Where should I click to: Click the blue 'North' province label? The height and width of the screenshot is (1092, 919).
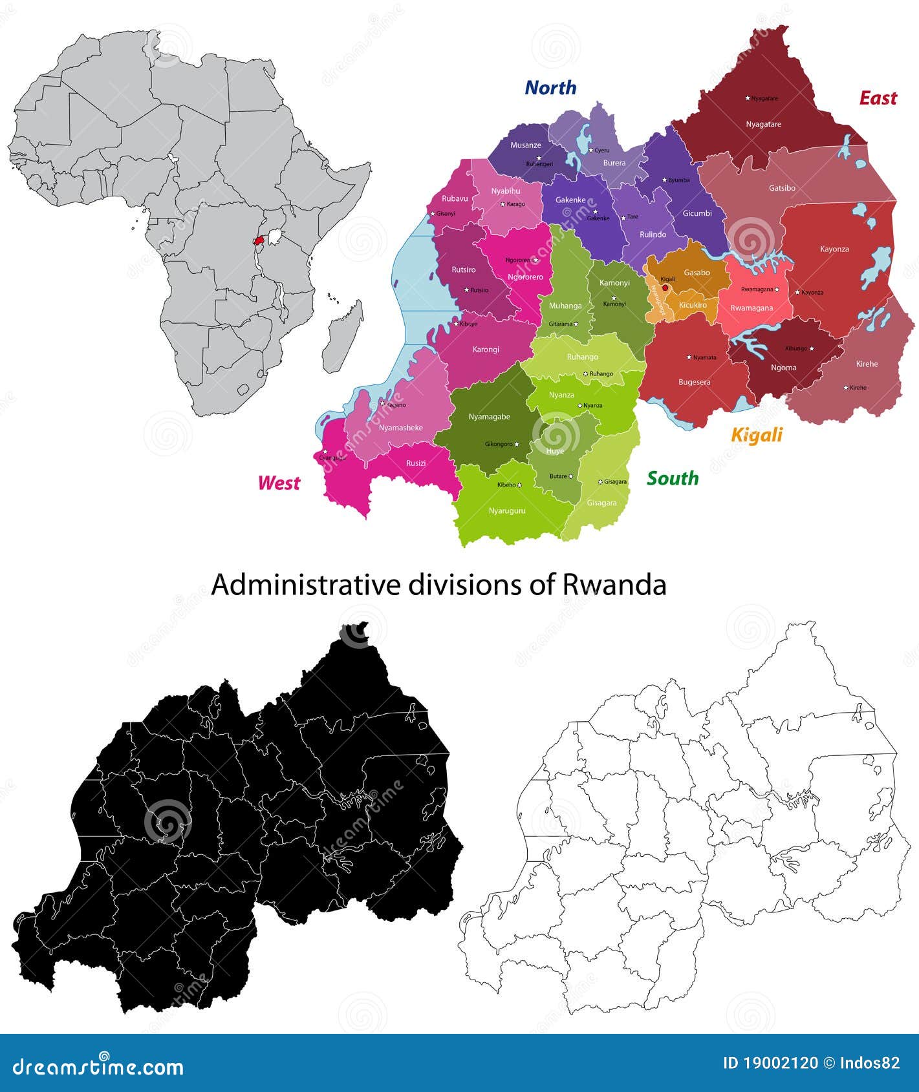coord(550,87)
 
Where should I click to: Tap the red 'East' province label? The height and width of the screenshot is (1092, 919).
coord(878,98)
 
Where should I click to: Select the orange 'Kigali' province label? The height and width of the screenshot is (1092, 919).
coord(757,435)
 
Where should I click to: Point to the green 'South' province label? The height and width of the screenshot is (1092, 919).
coord(673,478)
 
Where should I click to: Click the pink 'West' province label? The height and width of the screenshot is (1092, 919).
coord(279,483)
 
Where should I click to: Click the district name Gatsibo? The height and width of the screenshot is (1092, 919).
coord(782,188)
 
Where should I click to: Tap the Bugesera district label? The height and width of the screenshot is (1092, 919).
coord(694,382)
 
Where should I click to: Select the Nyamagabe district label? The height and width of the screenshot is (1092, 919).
coord(489,417)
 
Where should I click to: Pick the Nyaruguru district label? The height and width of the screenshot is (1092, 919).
coord(507,510)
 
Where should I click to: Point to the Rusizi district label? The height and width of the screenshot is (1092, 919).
coord(416,463)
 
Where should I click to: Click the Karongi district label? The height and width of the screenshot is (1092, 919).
coord(486,350)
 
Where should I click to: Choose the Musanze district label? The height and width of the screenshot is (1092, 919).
coord(525,145)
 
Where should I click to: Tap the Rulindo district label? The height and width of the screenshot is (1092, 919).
coord(653,235)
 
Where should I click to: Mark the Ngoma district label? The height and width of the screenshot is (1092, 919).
coord(783,368)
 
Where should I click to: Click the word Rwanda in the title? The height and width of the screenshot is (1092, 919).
coord(614,585)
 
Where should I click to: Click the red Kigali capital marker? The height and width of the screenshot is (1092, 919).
coord(665,288)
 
